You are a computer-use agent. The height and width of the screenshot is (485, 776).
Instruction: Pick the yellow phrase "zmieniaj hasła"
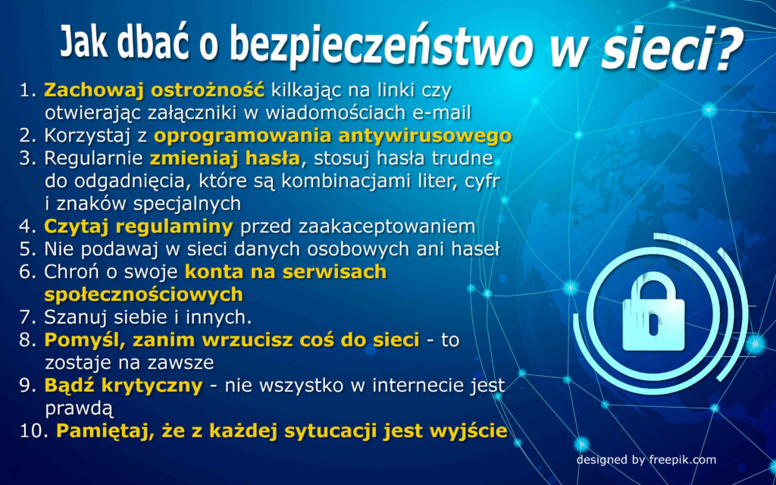[x=225, y=158]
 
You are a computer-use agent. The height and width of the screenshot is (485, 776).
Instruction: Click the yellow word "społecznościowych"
[x=143, y=295]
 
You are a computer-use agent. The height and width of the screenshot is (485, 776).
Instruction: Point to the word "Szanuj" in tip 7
[x=73, y=318]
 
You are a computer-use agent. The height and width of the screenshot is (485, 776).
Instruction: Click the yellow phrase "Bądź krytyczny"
[x=124, y=386]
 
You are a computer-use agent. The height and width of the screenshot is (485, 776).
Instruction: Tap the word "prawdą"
[x=80, y=409]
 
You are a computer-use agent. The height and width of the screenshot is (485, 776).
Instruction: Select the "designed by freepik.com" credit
[x=646, y=460]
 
